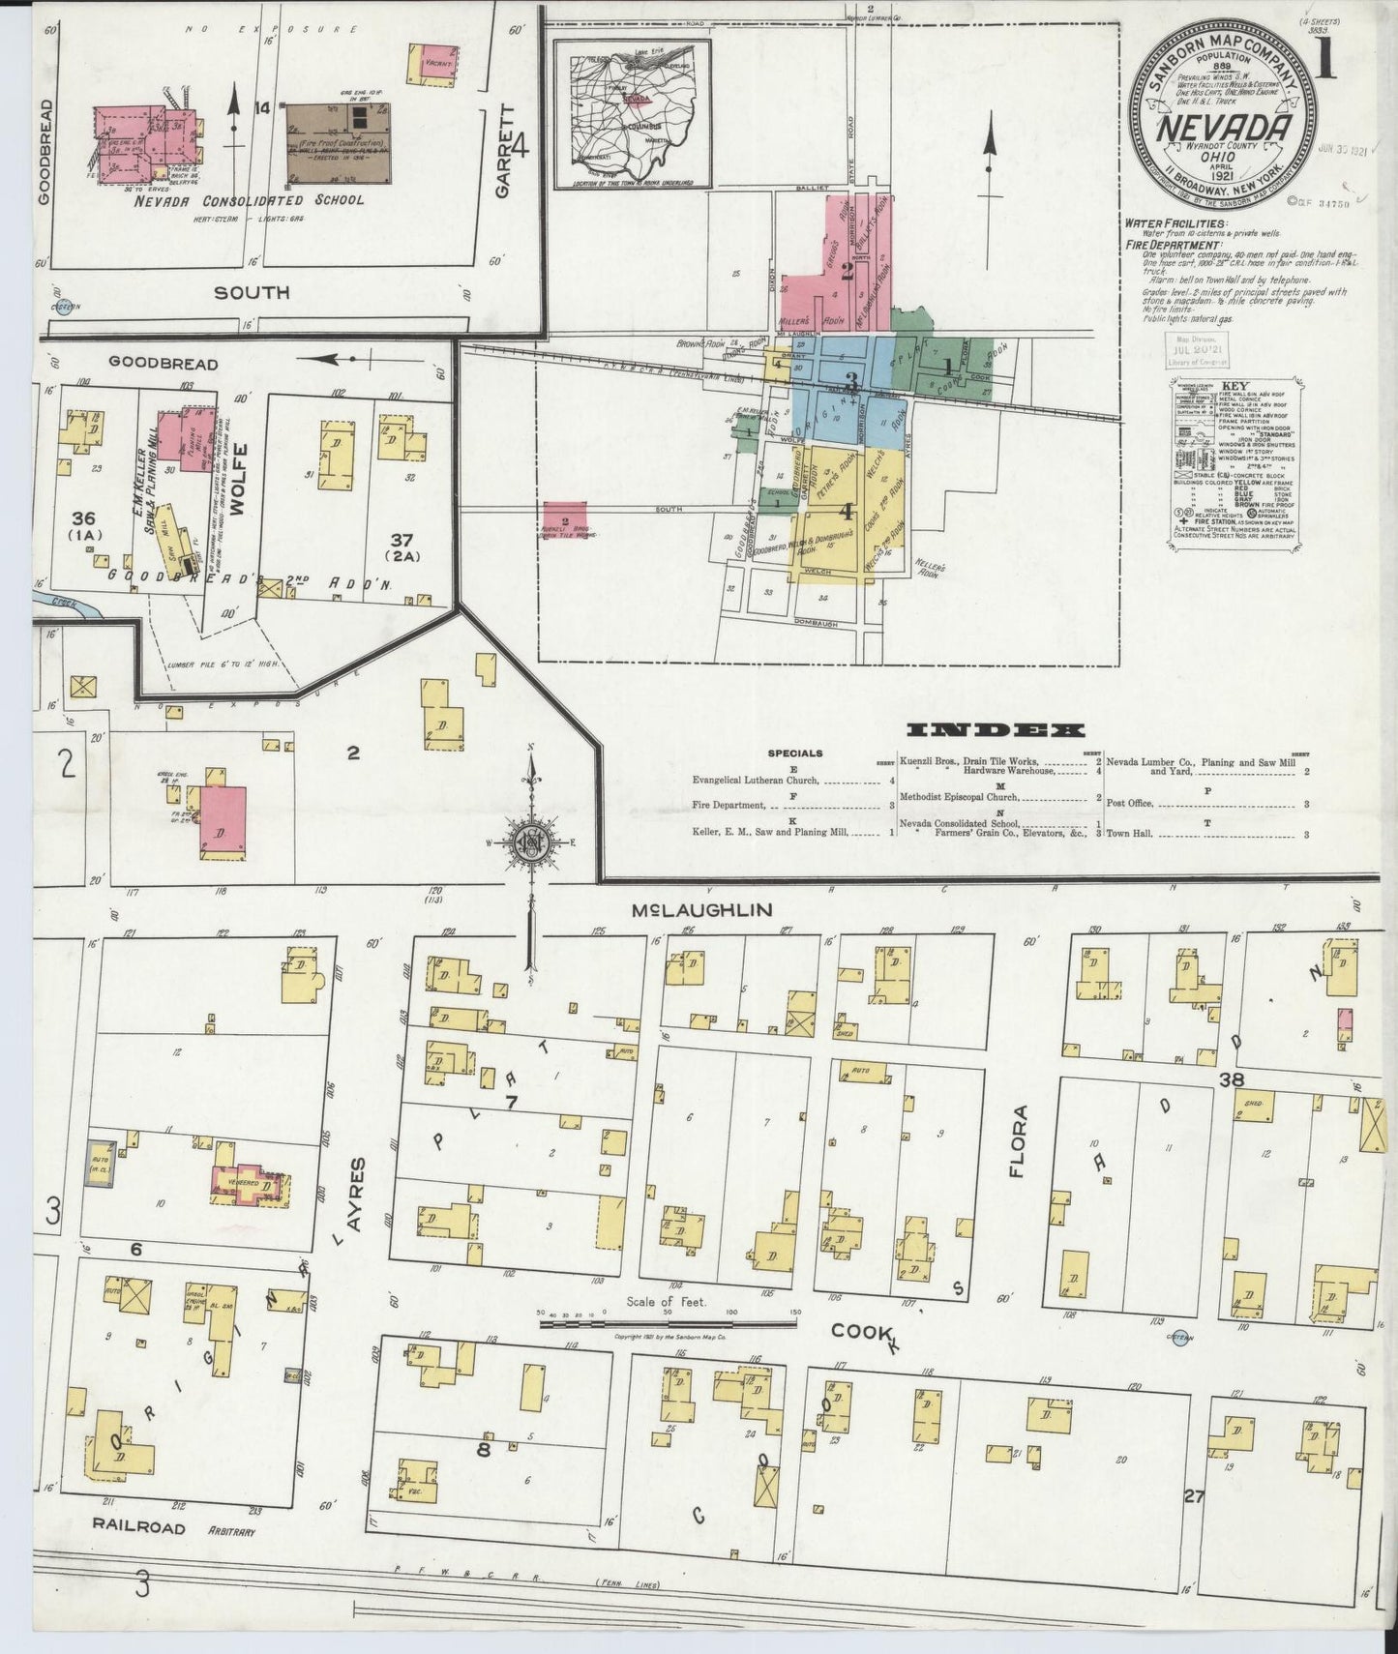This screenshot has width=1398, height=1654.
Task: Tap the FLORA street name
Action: tap(1017, 1141)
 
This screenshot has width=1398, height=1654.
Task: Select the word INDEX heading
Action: tap(996, 730)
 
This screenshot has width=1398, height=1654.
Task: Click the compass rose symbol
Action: tap(530, 842)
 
